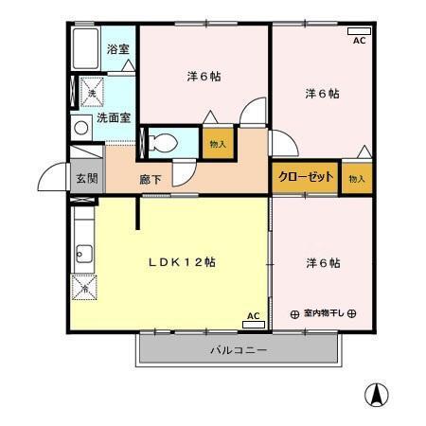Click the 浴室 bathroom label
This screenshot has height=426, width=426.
(x=117, y=48)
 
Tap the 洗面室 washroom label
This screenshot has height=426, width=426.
(x=115, y=118)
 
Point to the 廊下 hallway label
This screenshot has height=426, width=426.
(x=151, y=178)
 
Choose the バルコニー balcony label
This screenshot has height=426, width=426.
(x=238, y=350)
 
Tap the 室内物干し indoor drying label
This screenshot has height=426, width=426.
(x=323, y=313)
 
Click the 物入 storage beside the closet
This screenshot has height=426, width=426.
(x=356, y=179)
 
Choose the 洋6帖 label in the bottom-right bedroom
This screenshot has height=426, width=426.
(x=322, y=262)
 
